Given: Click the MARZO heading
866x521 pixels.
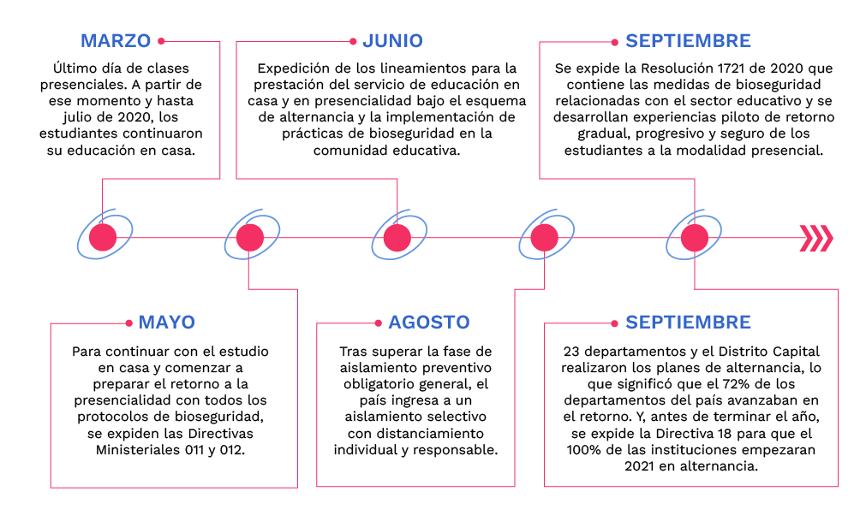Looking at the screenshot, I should click(116, 40).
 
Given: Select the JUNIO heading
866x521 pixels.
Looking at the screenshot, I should click(392, 40).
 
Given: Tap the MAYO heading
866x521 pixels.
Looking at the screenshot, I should click(167, 323).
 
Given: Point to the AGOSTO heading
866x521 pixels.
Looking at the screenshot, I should click(429, 323).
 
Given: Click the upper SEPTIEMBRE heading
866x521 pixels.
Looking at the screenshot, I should click(688, 40).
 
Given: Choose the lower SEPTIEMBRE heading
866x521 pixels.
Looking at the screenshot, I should click(688, 323).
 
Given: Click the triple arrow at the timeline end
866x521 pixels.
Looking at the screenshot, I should click(815, 238).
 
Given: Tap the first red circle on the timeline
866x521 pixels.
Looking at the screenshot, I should click(103, 238).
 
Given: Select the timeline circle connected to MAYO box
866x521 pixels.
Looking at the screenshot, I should click(249, 238).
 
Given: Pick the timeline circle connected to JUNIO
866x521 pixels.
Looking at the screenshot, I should click(397, 238).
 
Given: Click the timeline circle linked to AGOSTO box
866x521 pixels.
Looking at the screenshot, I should click(544, 238).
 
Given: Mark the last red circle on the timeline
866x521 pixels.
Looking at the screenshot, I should click(694, 238).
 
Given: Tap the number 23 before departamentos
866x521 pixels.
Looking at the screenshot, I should click(572, 352).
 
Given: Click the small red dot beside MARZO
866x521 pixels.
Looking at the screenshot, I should click(161, 40).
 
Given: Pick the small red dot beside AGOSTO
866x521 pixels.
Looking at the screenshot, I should click(377, 323).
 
